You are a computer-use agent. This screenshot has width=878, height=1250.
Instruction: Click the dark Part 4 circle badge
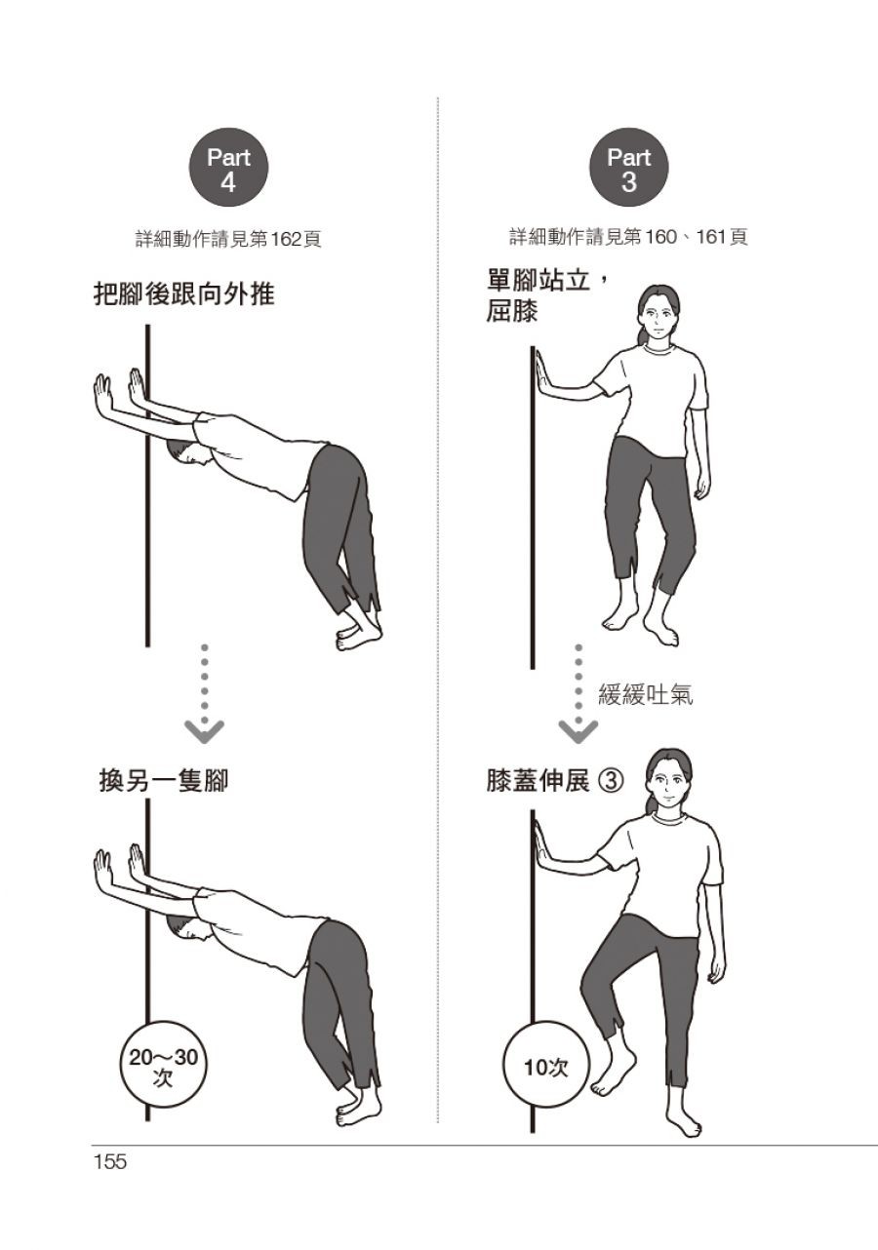click(x=228, y=169)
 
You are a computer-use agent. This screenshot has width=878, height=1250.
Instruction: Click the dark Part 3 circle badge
click(x=628, y=169)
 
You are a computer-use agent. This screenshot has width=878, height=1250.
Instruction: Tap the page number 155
click(x=111, y=1162)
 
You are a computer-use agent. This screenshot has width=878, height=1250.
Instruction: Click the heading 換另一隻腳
click(x=164, y=780)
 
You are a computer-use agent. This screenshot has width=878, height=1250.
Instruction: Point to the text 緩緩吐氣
click(x=646, y=695)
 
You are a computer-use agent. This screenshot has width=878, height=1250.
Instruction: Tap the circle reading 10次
click(x=546, y=1068)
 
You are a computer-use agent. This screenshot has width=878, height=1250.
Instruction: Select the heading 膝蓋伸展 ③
click(x=554, y=781)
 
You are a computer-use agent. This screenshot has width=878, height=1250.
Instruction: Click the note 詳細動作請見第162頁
click(x=228, y=240)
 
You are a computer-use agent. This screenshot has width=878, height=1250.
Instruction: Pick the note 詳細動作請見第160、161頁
click(x=628, y=237)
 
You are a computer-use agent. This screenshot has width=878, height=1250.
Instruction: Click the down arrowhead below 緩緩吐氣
click(x=579, y=731)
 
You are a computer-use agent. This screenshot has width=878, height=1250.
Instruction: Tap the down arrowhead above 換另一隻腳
click(x=204, y=731)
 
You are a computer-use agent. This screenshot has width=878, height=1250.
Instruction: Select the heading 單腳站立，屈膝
click(x=546, y=295)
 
